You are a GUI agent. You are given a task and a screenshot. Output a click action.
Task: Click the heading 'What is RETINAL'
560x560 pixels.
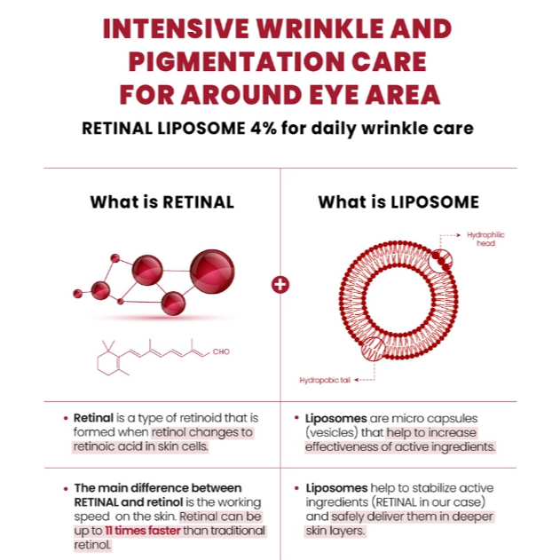[162, 201]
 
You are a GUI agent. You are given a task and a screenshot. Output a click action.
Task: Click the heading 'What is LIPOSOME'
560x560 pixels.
[398, 201]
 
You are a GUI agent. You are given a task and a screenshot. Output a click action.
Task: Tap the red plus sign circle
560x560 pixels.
[280, 285]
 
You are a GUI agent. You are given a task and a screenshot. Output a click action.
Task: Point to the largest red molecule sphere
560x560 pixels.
[212, 271]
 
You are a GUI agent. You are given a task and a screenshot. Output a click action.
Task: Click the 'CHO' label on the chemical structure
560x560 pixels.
[221, 351]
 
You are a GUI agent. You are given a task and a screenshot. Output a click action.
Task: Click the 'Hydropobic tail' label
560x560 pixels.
[326, 379]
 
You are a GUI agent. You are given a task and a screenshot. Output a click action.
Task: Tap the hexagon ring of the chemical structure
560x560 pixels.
[110, 359]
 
